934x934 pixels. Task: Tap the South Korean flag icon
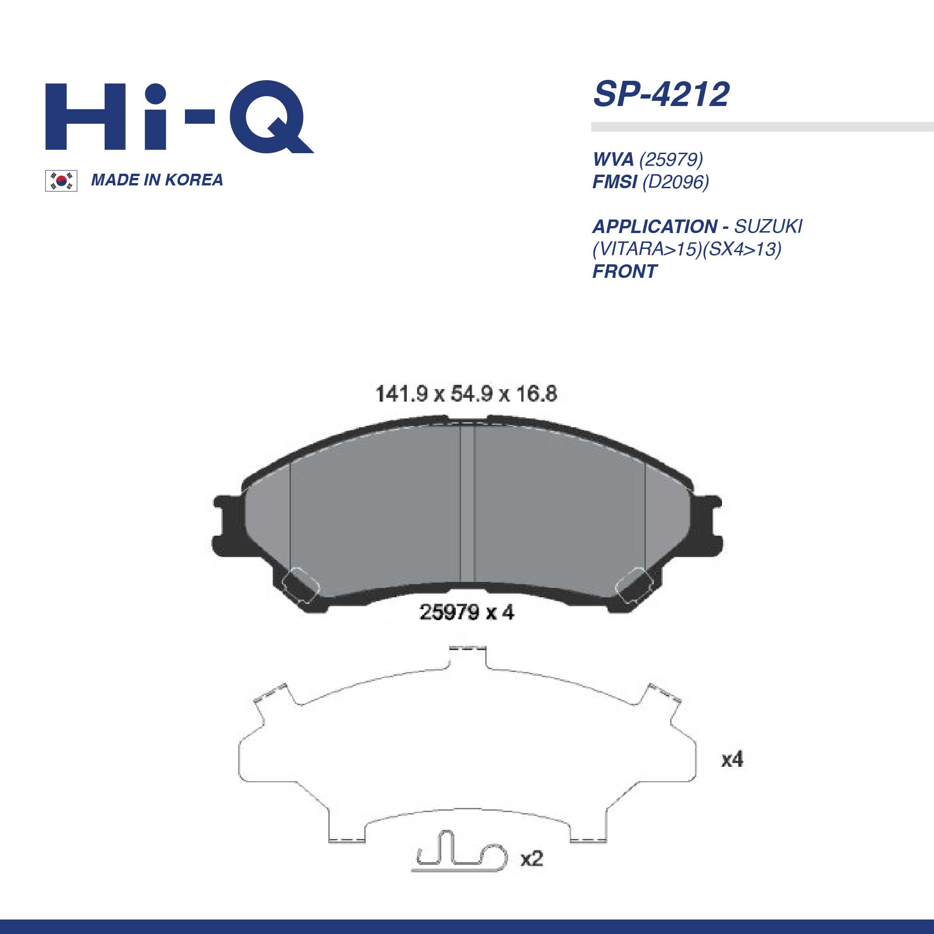(x=61, y=181)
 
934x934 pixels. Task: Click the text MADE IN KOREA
(x=157, y=180)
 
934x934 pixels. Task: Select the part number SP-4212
(x=661, y=94)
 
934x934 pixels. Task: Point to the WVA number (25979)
(x=671, y=159)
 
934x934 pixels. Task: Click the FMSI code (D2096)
(x=675, y=182)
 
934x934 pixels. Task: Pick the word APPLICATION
(x=655, y=226)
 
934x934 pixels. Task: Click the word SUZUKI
(x=768, y=226)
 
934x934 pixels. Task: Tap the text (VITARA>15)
(x=647, y=249)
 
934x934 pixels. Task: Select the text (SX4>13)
(x=742, y=249)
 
